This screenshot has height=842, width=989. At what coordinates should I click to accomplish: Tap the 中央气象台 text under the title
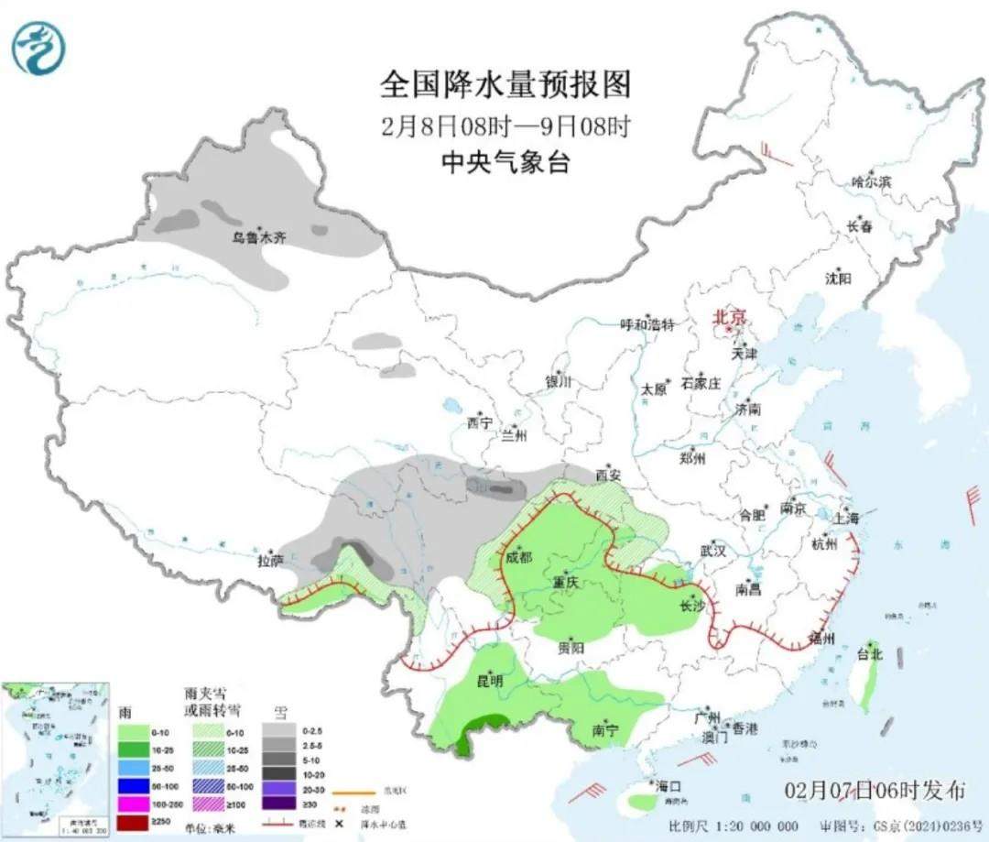pyautogui.click(x=505, y=162)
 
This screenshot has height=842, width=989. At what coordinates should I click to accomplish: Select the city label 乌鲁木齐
pyautogui.click(x=258, y=237)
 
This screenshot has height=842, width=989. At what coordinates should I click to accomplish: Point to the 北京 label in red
pyautogui.click(x=730, y=316)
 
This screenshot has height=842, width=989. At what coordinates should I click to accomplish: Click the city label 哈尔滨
pyautogui.click(x=871, y=181)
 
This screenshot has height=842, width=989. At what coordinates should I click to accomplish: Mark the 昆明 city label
pyautogui.click(x=490, y=681)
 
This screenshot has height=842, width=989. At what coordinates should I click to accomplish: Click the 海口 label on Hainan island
pyautogui.click(x=668, y=786)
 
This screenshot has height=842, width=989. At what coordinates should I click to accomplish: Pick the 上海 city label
pyautogui.click(x=846, y=518)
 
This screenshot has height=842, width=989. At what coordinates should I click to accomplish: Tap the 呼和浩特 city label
pyautogui.click(x=647, y=324)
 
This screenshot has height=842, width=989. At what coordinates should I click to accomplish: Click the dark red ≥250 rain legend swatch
pyautogui.click(x=134, y=818)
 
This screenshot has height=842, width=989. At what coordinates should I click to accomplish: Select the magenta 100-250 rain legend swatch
pyautogui.click(x=134, y=801)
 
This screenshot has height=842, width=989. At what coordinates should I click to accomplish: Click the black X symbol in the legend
pyautogui.click(x=339, y=817)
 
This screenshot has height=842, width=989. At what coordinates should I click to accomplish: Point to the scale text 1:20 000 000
pyautogui.click(x=755, y=826)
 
